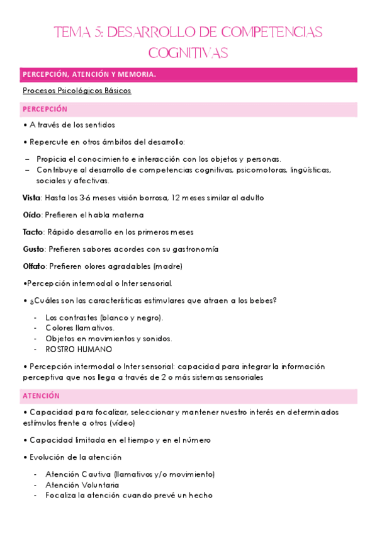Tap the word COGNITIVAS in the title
[x=188, y=52]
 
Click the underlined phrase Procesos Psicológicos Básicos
[x=77, y=91]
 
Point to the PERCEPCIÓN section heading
[x=45, y=109]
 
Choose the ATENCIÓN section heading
[x=41, y=396]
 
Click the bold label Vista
[x=31, y=198]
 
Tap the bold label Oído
[x=31, y=215]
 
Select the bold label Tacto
[x=33, y=232]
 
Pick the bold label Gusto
[x=33, y=249]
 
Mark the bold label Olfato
[x=34, y=266]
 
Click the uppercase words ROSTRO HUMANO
[x=79, y=349]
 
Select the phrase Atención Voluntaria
[x=82, y=485]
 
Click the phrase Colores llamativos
[x=80, y=327]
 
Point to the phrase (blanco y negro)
[x=131, y=317]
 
